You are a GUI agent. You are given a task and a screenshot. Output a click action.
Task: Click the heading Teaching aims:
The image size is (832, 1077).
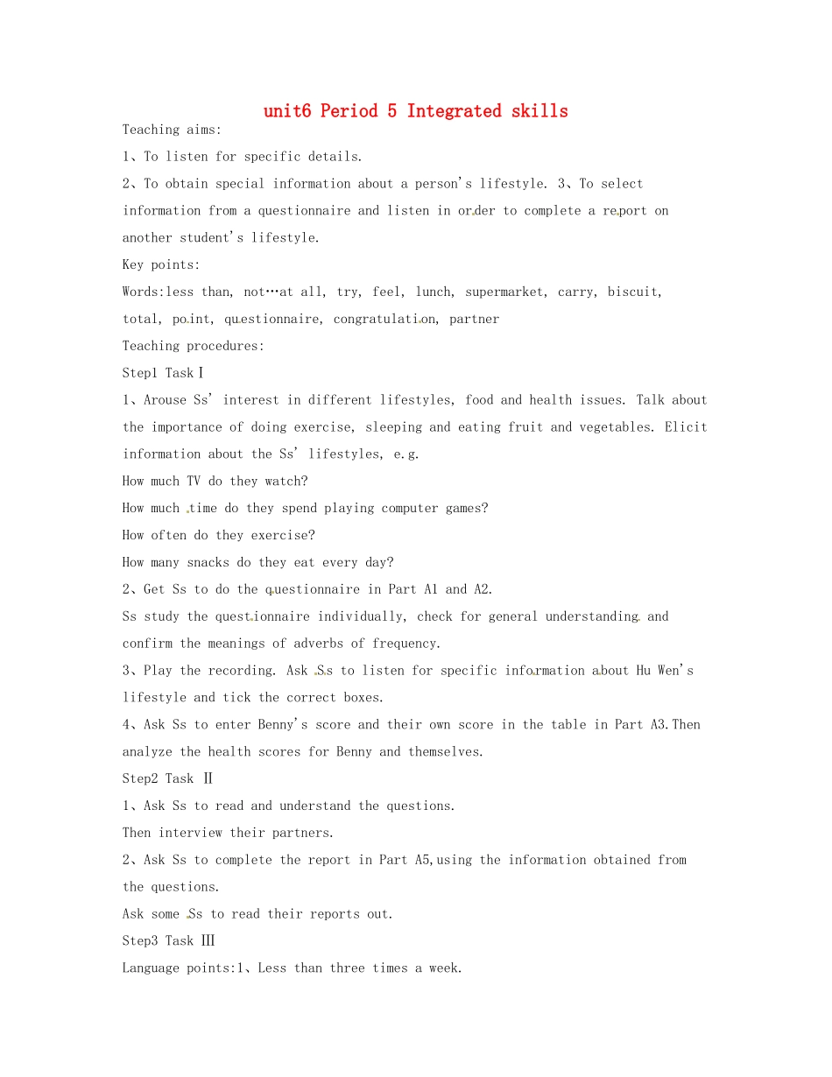[173, 130]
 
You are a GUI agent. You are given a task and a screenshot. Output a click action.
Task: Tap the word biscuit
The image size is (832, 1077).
[632, 292]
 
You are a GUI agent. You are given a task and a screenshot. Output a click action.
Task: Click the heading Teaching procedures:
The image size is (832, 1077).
[194, 346]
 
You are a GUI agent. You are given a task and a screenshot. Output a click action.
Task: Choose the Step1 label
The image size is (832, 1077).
[140, 373]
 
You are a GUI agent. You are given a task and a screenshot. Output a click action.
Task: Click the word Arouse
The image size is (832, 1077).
[165, 400]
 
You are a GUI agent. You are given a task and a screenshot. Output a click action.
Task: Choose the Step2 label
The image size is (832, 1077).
[140, 778]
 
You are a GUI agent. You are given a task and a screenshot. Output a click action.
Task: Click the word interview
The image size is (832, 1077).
[190, 833]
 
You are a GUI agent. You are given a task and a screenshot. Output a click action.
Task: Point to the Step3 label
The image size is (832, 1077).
[140, 940]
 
